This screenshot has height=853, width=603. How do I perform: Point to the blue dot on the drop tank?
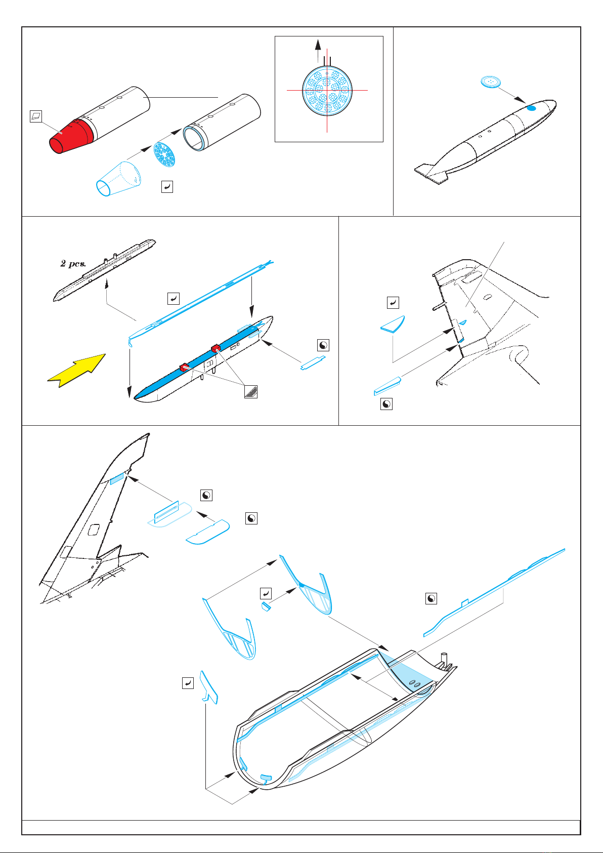(x=531, y=108)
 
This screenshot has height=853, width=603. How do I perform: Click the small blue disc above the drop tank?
(x=489, y=82)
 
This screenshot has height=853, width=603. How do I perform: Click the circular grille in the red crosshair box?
(x=327, y=90)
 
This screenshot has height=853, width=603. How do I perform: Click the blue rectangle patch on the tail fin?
(x=117, y=479)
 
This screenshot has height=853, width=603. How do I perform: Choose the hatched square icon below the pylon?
(x=250, y=391)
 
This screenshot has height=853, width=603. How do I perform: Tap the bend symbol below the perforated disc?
(x=167, y=187)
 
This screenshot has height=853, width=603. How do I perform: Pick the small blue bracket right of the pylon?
(x=313, y=363)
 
